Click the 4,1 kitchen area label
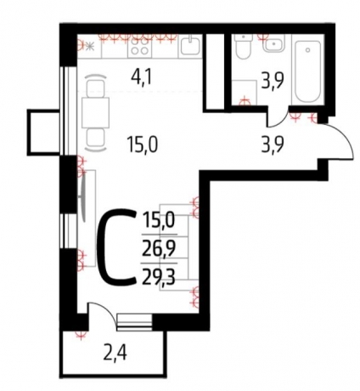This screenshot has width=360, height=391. coord(141,77)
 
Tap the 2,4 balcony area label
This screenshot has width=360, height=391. coord(116,354)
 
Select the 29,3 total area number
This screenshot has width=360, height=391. coord(159,278)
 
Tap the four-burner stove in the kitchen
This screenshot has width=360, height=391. coord(140,46)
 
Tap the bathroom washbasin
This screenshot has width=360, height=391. coord(273,43)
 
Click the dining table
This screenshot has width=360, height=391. coord(96,113)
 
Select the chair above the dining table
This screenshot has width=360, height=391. coord(96,86)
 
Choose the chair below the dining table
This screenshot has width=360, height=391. coord(96,139)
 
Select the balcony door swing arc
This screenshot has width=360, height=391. coord(107,311)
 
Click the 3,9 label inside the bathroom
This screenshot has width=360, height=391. coord(273,81)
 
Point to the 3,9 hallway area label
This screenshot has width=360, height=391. coord(273,145)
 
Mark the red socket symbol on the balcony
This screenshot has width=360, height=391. coord(81,335)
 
